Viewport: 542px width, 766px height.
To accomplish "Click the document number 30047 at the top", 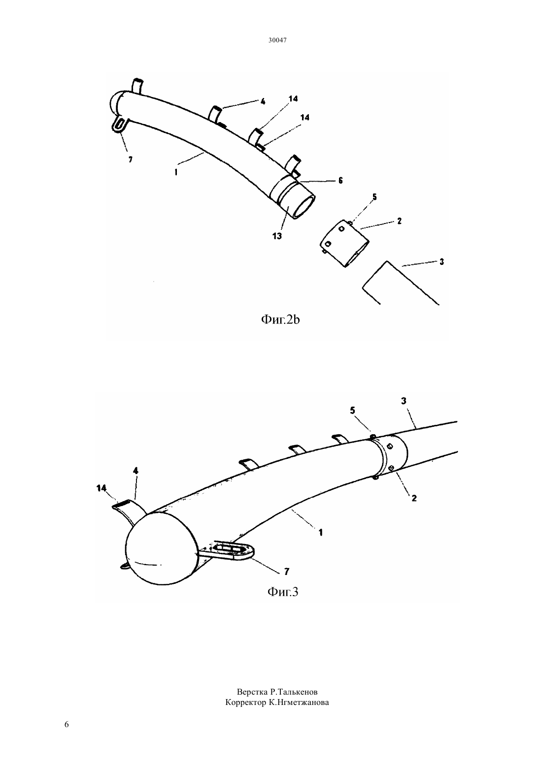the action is [277, 40].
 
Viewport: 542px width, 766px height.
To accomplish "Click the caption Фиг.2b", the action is [280, 319].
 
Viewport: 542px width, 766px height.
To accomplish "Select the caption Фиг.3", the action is [283, 592].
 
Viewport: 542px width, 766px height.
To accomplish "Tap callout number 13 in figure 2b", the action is [277, 236].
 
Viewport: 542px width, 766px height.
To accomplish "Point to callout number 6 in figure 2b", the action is [340, 181].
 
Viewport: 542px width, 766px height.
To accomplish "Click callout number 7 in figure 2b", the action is [131, 160].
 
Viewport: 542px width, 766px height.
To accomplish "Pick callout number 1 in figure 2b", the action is [176, 172].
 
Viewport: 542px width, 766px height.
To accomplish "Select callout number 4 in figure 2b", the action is [263, 101].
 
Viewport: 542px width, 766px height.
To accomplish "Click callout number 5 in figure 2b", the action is [374, 196].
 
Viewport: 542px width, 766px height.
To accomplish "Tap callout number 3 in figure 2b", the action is [441, 261].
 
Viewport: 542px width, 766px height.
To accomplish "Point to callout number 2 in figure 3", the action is [414, 498].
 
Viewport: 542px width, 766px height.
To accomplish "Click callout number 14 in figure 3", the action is [102, 488].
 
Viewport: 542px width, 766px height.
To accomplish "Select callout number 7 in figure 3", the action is [287, 571].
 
